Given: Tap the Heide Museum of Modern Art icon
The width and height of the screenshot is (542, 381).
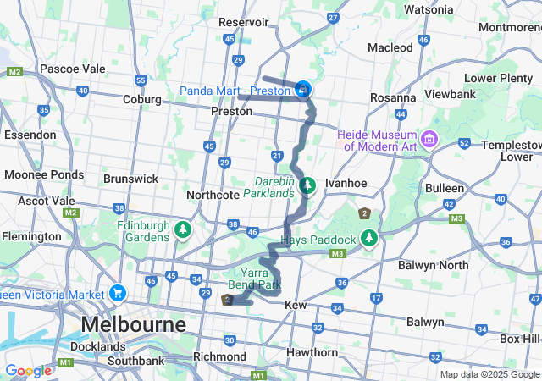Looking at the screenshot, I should click(x=429, y=138).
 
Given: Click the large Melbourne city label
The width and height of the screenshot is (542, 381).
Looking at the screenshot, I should click(x=133, y=325).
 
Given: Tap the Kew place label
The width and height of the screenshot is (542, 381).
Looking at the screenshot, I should click(x=296, y=304).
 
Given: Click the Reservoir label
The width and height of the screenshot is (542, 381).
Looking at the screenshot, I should click(x=243, y=22).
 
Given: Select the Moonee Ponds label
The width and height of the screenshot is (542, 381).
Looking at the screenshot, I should click(x=36, y=174).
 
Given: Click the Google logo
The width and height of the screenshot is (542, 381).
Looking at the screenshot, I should click(x=28, y=371).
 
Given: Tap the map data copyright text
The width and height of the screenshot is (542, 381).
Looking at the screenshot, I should click(x=489, y=375).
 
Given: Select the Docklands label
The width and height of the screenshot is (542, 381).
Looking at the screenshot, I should click(x=99, y=346).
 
